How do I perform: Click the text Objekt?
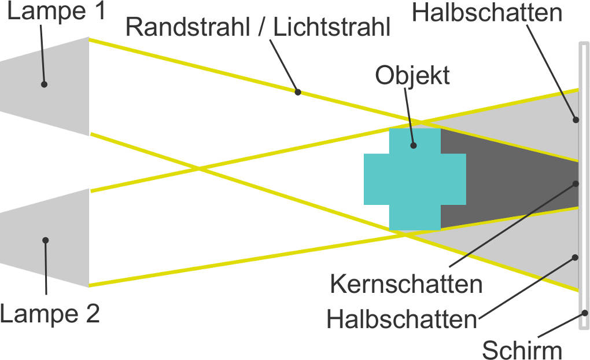click(x=412, y=75)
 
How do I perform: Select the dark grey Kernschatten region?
click(x=509, y=179)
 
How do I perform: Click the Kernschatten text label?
click(x=406, y=285)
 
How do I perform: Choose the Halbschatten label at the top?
click(x=488, y=13)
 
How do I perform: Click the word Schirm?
click(x=522, y=350)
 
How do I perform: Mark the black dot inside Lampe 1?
click(x=44, y=85)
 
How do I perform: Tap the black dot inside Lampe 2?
click(x=45, y=240)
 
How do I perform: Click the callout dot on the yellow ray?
click(x=298, y=91)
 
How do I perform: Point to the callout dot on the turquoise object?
click(x=414, y=146)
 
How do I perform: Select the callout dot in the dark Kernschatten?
click(x=576, y=183)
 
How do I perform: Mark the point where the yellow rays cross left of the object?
click(x=199, y=169)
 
